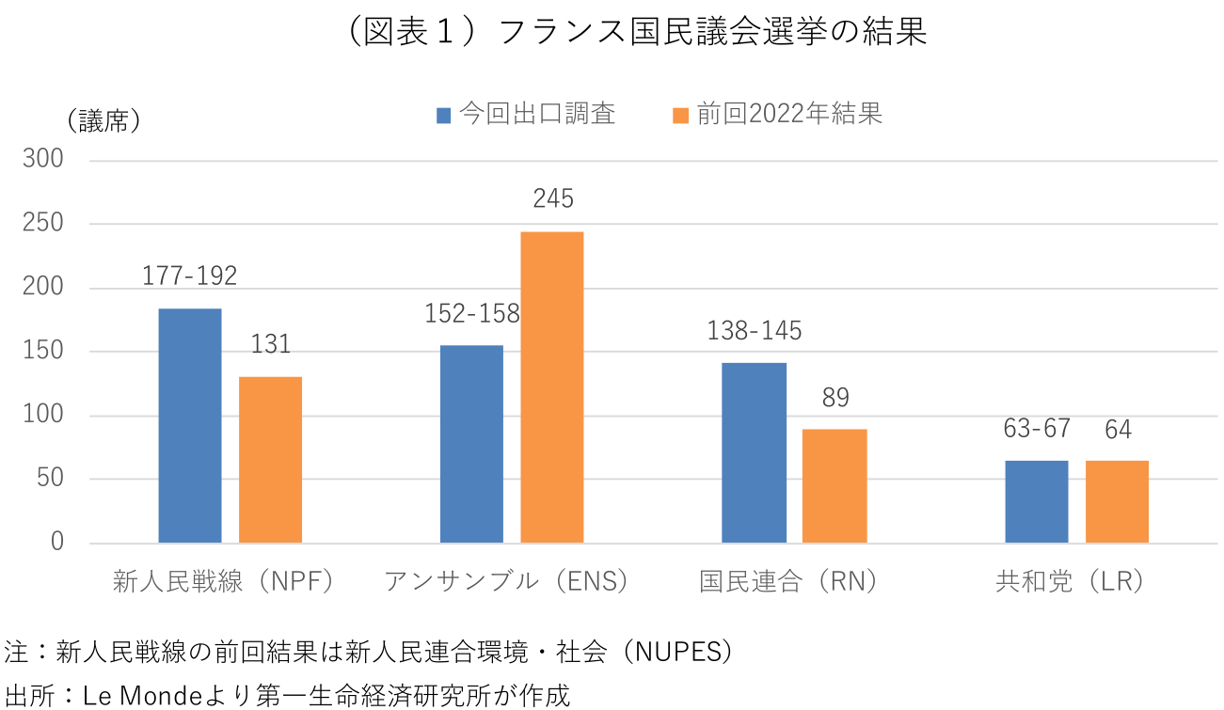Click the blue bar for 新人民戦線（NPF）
(x=190, y=425)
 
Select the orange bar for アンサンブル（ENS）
(x=552, y=387)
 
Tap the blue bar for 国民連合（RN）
(x=754, y=452)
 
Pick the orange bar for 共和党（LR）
(x=1117, y=501)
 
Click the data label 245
(x=552, y=199)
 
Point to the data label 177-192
(x=190, y=276)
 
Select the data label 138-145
(x=754, y=331)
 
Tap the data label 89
(x=835, y=398)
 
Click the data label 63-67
(x=1037, y=430)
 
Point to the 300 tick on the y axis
(x=43, y=160)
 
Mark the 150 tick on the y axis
(x=43, y=352)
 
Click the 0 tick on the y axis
(x=56, y=543)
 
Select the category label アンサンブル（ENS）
(x=506, y=582)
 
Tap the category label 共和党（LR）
(x=1071, y=582)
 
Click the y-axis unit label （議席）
(x=104, y=121)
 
